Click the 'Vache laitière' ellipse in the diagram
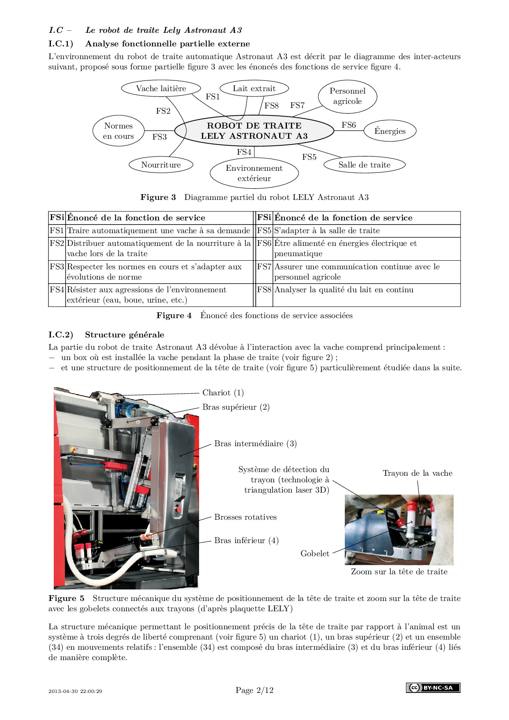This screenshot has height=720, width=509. click(161, 89)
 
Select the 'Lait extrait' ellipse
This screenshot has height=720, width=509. click(254, 89)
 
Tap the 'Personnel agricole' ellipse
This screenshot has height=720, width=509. click(347, 96)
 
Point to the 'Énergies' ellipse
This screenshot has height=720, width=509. click(390, 131)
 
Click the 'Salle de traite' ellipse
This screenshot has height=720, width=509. click(364, 165)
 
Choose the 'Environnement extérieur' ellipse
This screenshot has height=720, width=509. click(254, 173)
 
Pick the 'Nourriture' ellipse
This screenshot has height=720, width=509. click(161, 165)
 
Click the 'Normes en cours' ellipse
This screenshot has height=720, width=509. click(118, 131)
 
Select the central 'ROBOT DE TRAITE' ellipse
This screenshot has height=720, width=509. click(254, 131)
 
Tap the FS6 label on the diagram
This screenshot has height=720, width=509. click(349, 125)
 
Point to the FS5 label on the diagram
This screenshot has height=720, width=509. click(309, 157)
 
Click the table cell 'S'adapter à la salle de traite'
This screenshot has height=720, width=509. click(327, 231)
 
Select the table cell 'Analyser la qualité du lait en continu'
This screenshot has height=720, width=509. click(344, 290)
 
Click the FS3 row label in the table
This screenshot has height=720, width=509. click(57, 267)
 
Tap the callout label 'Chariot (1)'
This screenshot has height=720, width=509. click(223, 393)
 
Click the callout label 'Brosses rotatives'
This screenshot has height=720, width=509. click(245, 517)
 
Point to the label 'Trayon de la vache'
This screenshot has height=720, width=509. click(417, 473)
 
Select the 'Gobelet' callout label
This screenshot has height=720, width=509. click(315, 554)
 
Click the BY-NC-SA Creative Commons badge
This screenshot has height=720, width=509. click(433, 688)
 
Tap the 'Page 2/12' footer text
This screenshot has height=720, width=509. click(254, 690)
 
